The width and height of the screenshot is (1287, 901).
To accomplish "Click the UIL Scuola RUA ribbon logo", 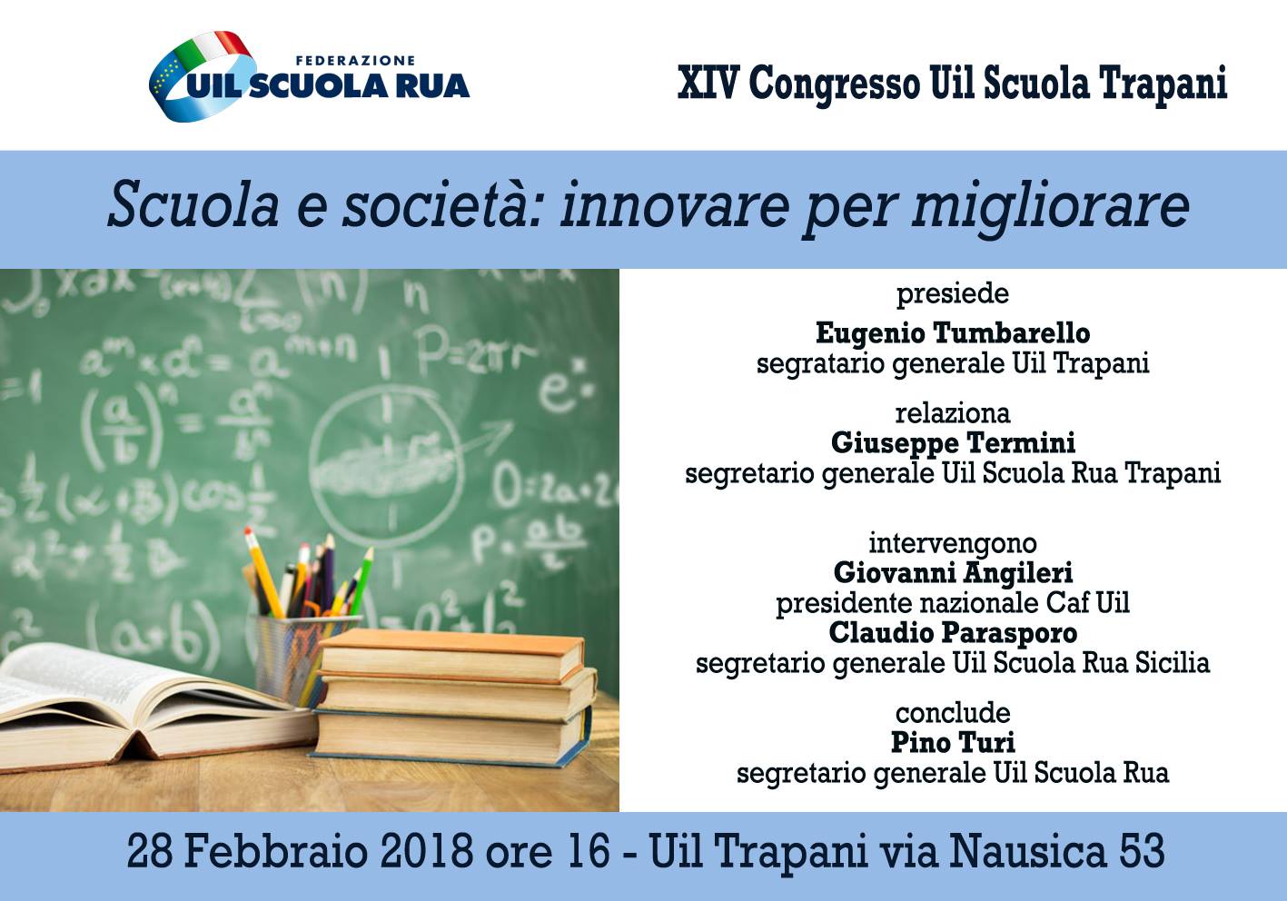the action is [200, 76].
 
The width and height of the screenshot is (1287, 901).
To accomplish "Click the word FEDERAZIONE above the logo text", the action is [355, 60].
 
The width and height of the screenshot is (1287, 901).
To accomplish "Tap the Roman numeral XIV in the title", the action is [707, 84].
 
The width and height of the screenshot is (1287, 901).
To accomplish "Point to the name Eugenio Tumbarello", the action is [953, 333].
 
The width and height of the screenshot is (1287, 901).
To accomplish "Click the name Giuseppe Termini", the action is [953, 444].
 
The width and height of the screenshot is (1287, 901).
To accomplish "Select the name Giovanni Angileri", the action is [953, 573].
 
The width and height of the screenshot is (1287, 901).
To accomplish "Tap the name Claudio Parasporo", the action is [953, 633].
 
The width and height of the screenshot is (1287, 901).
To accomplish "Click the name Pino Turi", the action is [953, 742].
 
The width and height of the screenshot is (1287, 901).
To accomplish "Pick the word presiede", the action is [953, 294].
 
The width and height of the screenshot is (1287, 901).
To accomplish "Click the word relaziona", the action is [953, 414].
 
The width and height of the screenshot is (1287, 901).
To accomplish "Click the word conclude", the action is [953, 713].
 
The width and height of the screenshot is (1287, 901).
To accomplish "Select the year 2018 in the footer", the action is [427, 851].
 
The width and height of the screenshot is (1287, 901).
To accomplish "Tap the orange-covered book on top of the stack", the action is [451, 654].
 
